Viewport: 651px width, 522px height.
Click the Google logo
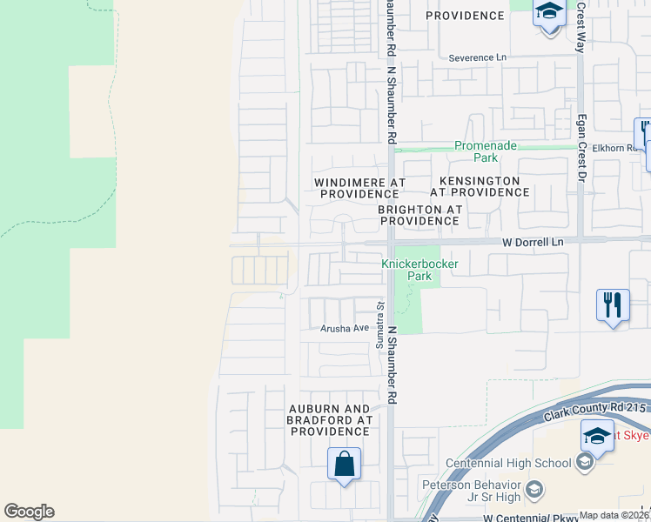click(29, 512)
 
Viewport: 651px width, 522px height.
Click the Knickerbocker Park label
click(407, 270)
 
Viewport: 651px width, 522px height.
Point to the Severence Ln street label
click(477, 58)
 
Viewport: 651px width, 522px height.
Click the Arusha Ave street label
click(345, 328)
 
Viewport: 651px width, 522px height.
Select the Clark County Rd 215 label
click(596, 409)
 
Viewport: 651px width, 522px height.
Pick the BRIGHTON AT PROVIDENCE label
click(418, 215)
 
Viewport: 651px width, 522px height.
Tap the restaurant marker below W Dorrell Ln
click(613, 306)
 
